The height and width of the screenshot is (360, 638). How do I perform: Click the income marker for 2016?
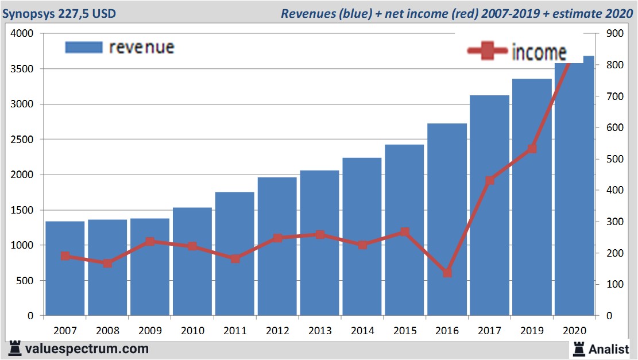tap(447, 273)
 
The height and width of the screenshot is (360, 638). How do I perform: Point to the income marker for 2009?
tap(150, 242)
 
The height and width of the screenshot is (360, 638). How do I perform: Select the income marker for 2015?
tap(405, 232)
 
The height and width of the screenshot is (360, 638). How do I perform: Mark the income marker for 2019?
tap(532, 149)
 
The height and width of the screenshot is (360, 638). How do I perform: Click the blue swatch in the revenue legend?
tap(84, 47)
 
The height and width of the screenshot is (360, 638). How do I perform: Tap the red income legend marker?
tap(487, 52)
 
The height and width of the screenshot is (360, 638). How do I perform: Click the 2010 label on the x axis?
tap(192, 331)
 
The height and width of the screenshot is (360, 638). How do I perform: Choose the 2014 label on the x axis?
tap(362, 331)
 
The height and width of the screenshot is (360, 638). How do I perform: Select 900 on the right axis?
tap(614, 34)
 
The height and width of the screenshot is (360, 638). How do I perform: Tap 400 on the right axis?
tap(614, 190)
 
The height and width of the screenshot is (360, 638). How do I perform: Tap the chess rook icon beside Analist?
tap(579, 349)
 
